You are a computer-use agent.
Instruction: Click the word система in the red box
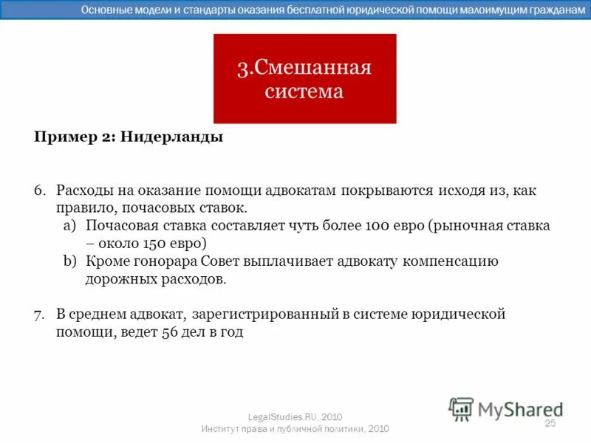[x=304, y=92]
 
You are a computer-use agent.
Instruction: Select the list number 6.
[x=39, y=190]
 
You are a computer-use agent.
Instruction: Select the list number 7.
[x=39, y=314]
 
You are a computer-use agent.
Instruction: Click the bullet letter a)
[x=69, y=226]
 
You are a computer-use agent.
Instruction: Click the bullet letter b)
[x=69, y=261]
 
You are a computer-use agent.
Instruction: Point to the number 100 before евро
[x=378, y=226]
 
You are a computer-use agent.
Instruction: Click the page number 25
[x=550, y=423]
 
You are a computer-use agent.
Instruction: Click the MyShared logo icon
[x=461, y=408]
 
